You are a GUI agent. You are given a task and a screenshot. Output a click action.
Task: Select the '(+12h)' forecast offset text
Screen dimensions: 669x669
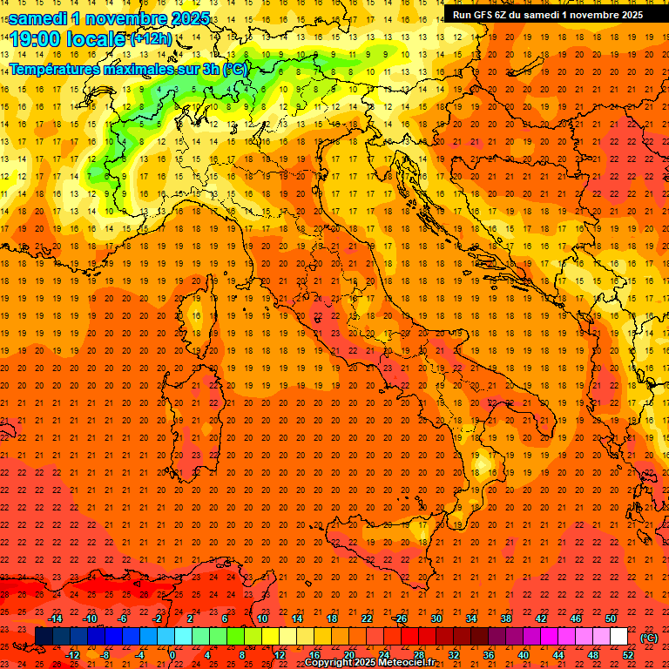point(151,38)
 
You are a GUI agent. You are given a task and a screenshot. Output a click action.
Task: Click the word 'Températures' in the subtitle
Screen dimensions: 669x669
point(54,69)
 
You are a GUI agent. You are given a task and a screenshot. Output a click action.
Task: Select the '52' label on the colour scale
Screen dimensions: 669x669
point(628,655)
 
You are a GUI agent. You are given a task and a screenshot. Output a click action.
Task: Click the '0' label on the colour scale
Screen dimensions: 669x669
point(172,655)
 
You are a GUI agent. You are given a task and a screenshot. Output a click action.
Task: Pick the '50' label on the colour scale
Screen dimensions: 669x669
point(611,618)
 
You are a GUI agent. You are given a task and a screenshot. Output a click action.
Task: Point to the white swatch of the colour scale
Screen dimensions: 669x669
point(619,636)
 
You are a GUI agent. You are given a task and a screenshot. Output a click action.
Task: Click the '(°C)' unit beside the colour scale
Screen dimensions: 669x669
point(649,638)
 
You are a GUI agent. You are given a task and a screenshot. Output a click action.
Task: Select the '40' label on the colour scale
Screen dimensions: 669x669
point(523,655)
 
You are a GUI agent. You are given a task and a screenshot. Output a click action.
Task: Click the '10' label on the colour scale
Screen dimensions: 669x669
point(261,618)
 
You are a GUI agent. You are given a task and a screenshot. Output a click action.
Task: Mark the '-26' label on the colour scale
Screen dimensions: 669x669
point(400,618)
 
